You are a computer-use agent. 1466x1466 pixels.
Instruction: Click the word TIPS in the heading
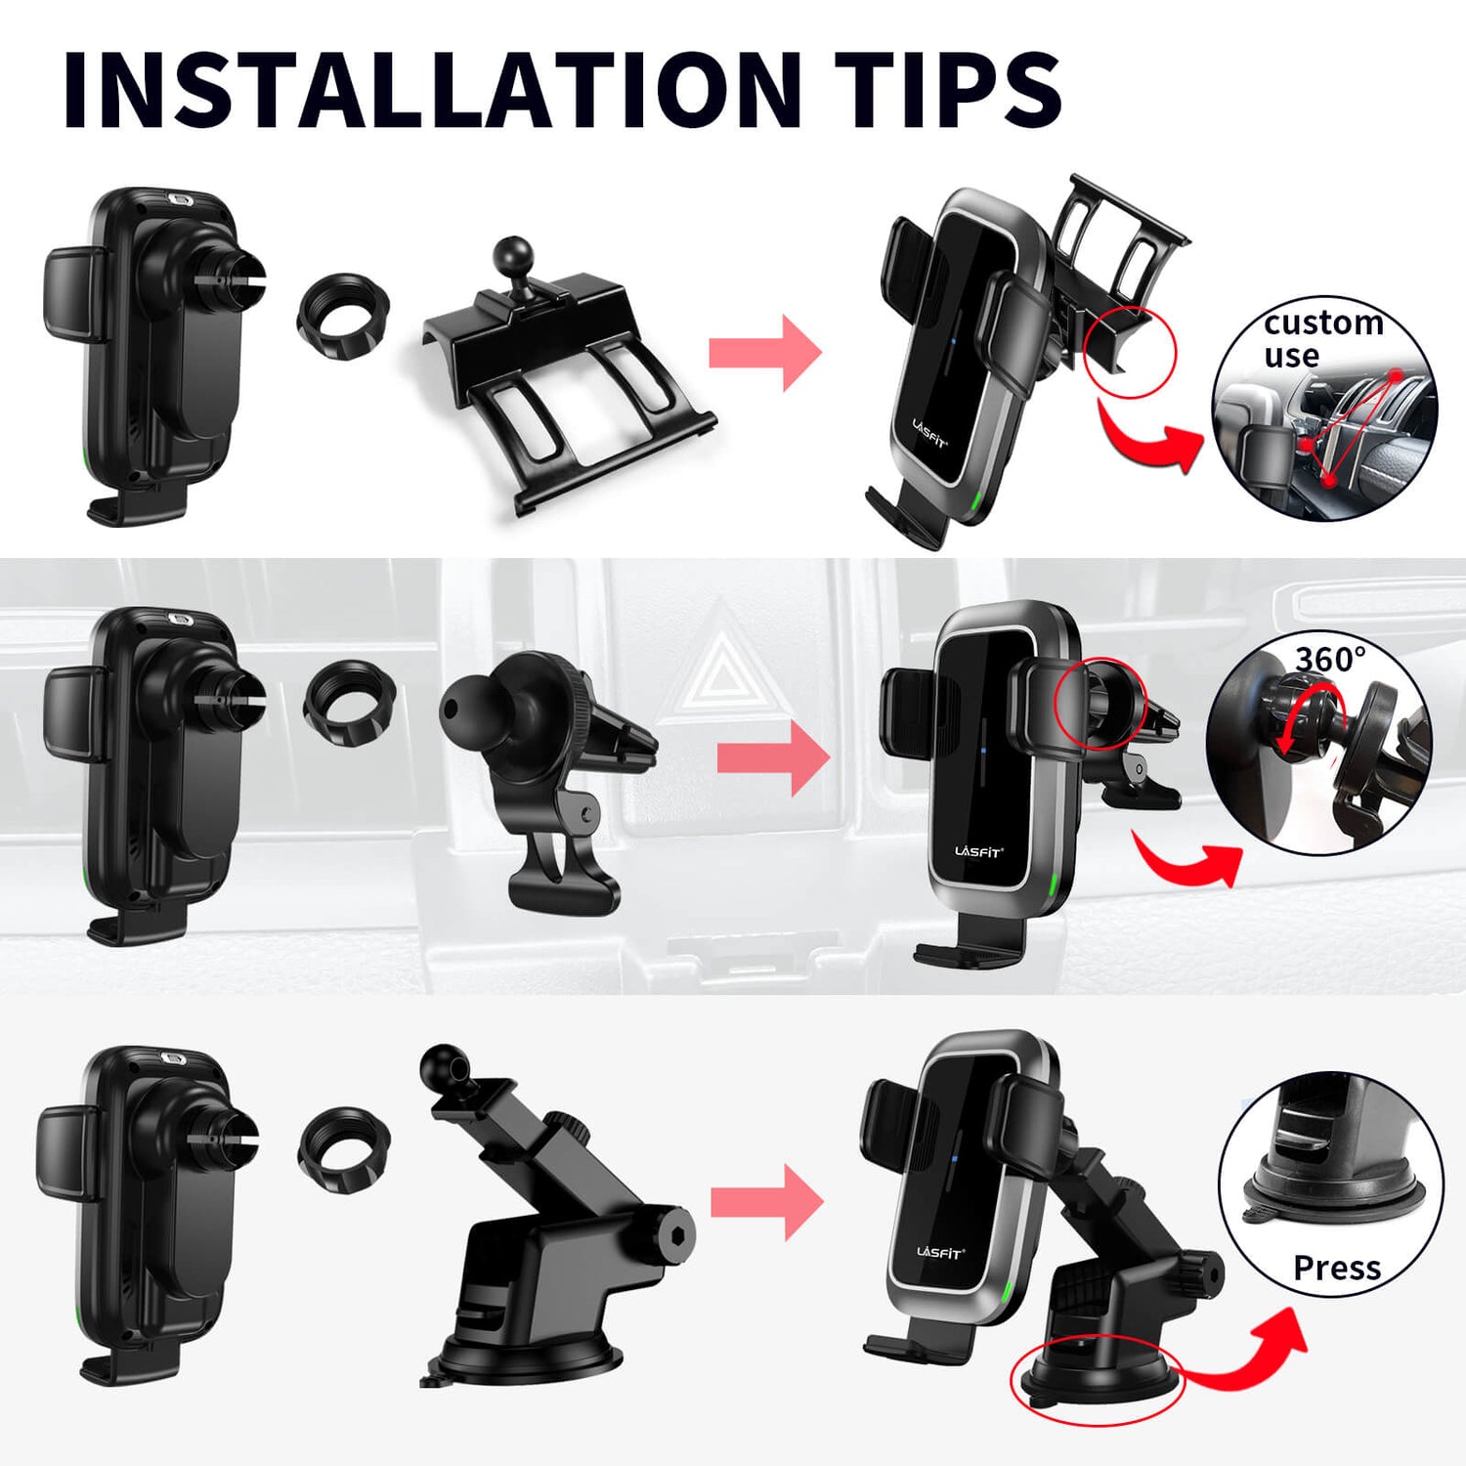948,89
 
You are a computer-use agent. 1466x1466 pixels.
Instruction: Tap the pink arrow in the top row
765,353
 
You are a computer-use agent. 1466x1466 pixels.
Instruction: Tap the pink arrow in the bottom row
767,1202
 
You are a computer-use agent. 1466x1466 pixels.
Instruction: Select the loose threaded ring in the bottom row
344,1150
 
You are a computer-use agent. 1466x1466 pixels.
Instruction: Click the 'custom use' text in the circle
1322,338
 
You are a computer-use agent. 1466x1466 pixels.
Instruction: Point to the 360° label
1330,659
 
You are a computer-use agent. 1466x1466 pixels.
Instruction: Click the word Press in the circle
1337,1268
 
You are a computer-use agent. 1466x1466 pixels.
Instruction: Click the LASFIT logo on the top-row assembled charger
929,433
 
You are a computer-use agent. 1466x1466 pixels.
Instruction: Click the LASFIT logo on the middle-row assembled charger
978,851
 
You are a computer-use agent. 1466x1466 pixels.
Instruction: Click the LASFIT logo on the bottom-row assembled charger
940,1252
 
